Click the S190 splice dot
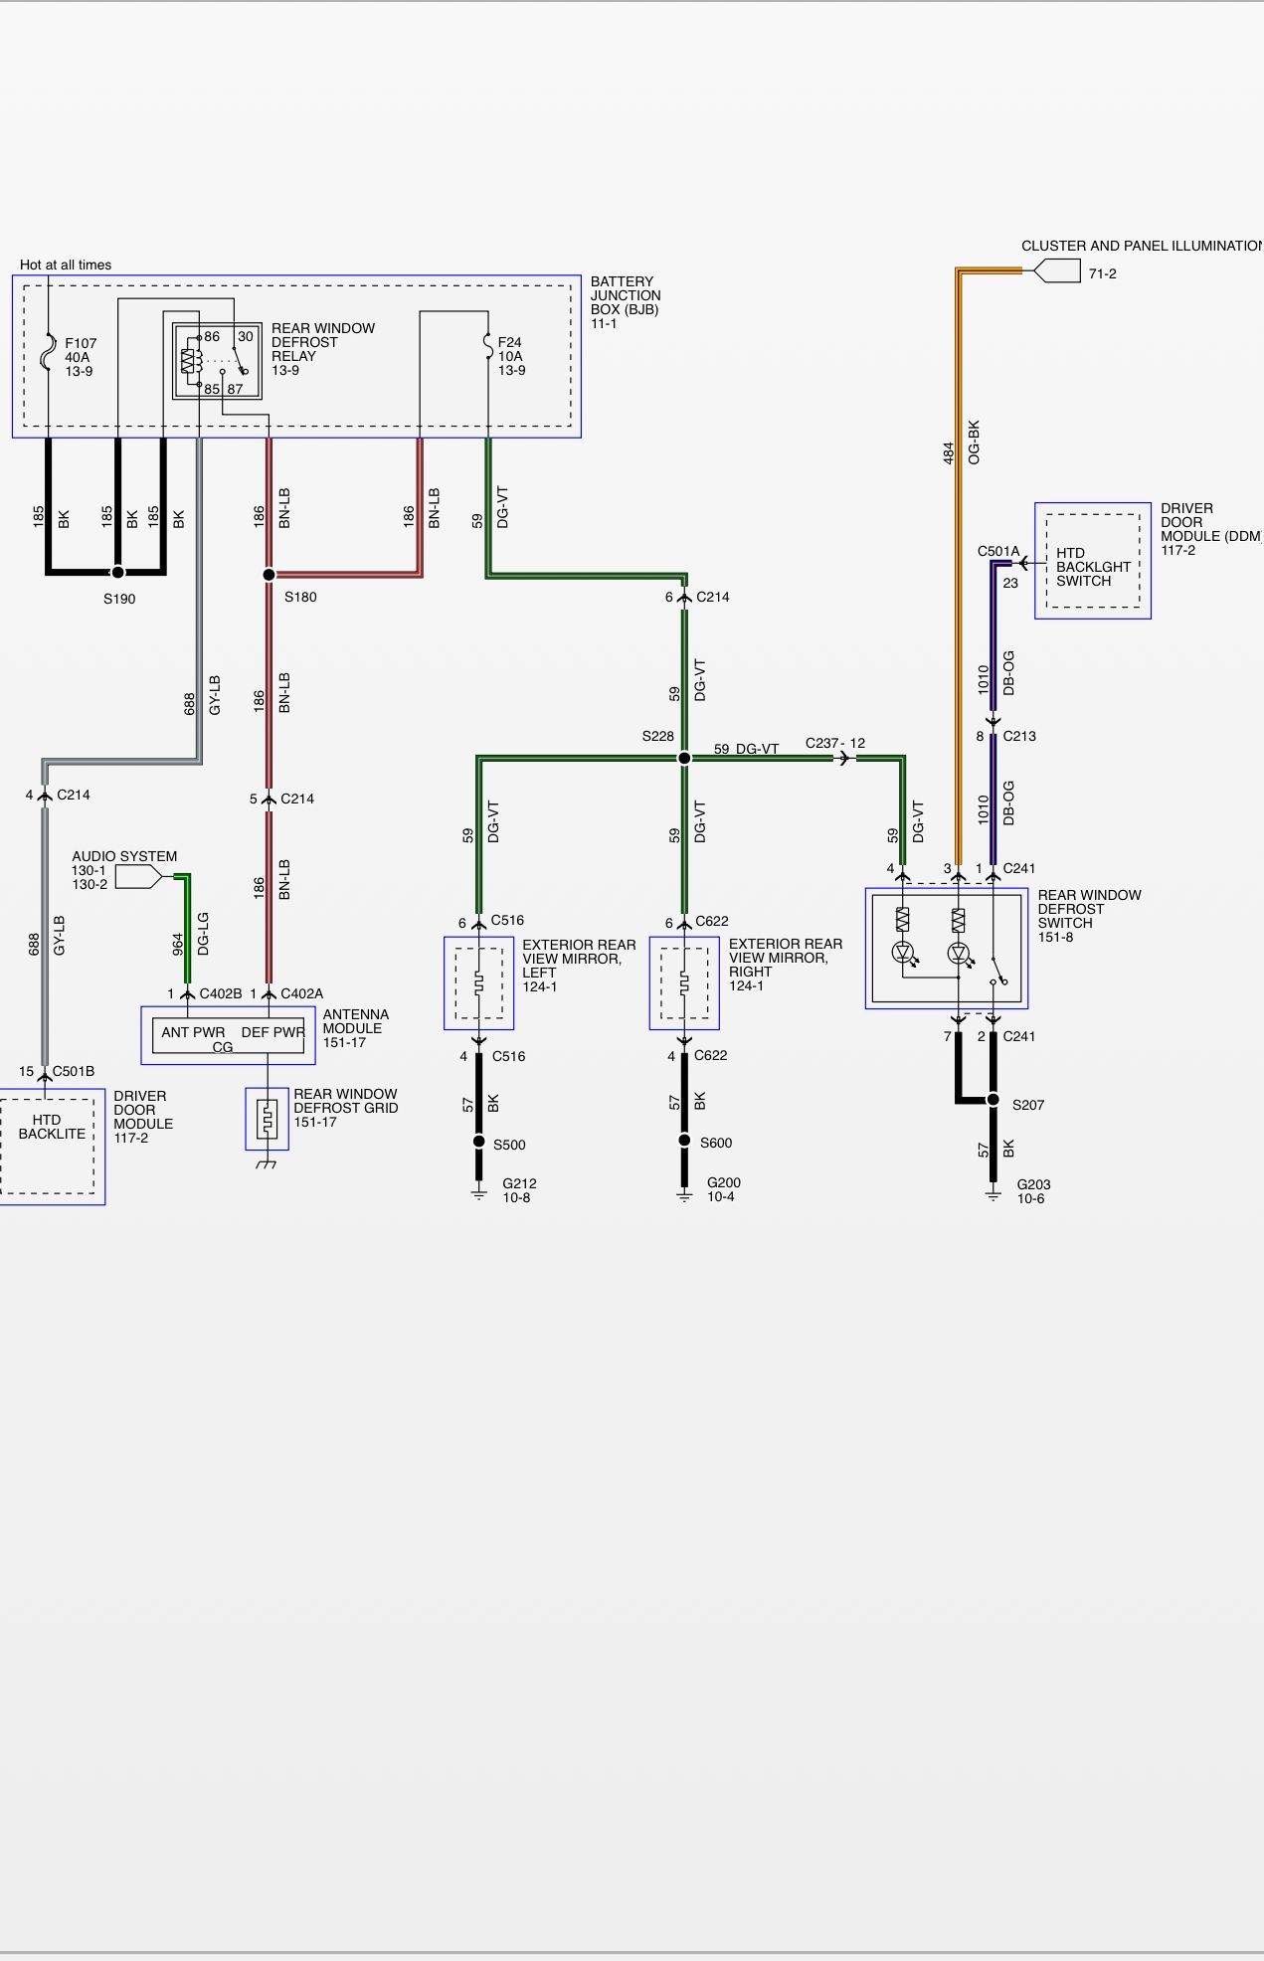click(x=117, y=573)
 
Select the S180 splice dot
click(x=269, y=575)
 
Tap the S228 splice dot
click(x=684, y=758)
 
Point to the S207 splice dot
click(x=993, y=1099)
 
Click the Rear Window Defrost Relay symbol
click(x=217, y=360)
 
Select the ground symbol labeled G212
click(x=478, y=1192)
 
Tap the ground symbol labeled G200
click(x=684, y=1192)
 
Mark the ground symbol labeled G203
click(x=993, y=1192)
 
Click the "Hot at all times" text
click(x=66, y=265)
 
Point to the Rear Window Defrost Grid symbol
click(x=267, y=1120)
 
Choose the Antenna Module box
click(x=228, y=1035)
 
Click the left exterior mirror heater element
click(x=478, y=983)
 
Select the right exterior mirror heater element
click(x=684, y=983)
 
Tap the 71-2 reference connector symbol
click(x=1057, y=270)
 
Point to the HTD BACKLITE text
click(x=52, y=1127)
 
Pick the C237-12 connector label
click(x=835, y=743)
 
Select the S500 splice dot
click(x=478, y=1142)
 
